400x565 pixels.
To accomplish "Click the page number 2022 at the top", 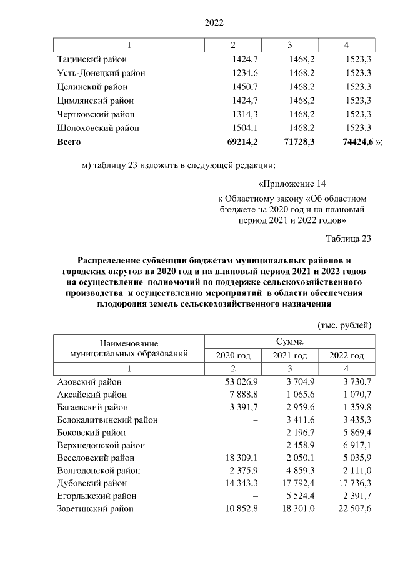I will (x=214, y=23).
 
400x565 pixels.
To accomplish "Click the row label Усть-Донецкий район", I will (x=101, y=73).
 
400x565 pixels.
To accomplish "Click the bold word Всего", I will (x=69, y=142).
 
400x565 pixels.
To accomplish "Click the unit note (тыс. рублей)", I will (x=345, y=325).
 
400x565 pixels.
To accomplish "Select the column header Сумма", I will (x=290, y=341).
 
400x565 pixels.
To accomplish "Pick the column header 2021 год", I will (x=290, y=355).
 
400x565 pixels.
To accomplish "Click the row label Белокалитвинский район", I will (x=107, y=420).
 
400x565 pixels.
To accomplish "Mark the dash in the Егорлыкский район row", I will (x=256, y=496).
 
